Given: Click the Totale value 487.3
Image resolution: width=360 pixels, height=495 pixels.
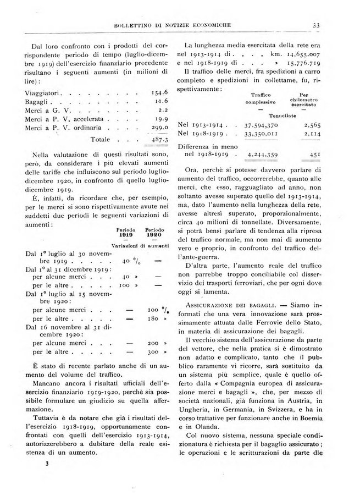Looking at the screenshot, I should click(x=144, y=140).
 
